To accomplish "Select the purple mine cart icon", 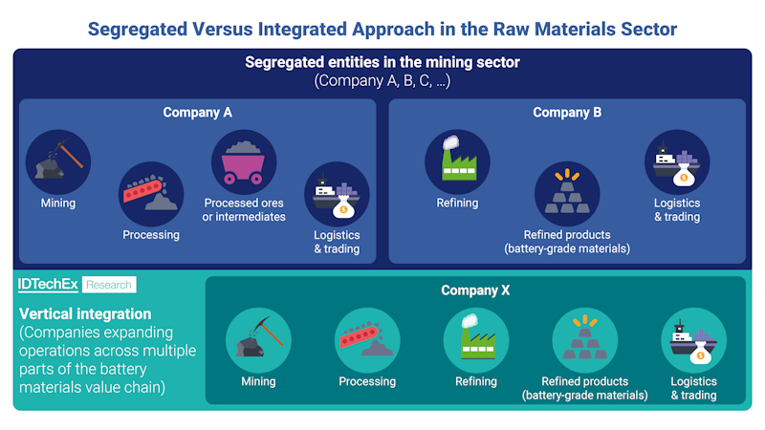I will pos(244,162).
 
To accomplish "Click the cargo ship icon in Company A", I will pos(336,194).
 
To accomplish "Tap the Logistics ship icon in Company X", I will pos(694,340).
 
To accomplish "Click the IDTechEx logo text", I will pos(48,285).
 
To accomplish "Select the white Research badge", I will pos(109,285).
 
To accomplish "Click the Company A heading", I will pos(197,113).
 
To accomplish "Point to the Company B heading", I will pos(567,113).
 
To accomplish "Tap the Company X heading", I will pos(475,290).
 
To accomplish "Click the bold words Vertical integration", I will pos(85,313).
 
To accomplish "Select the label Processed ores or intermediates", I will pos(245,209).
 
